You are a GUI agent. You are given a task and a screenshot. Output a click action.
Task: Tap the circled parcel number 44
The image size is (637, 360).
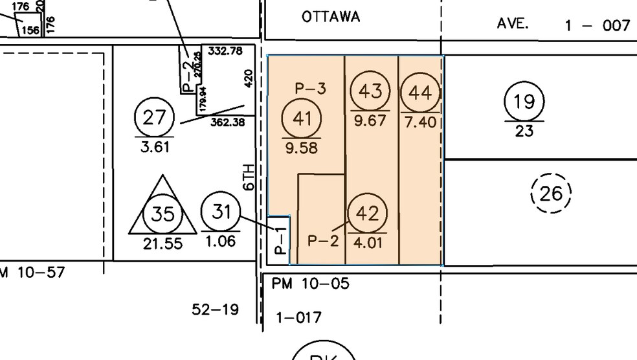420,93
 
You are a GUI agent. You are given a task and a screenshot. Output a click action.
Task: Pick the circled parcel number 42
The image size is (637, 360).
367,214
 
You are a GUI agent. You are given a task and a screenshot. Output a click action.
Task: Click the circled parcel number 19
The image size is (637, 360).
524,102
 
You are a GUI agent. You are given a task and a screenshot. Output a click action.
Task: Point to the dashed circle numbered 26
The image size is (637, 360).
551,193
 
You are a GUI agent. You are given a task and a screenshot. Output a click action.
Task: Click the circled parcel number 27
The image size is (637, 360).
155,118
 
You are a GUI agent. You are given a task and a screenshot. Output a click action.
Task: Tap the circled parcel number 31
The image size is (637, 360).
221,211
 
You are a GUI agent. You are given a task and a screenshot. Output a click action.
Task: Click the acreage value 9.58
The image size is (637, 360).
301,148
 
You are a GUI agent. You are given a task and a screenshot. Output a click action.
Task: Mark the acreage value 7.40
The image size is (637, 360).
420,122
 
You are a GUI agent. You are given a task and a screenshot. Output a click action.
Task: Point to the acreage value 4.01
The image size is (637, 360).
367,243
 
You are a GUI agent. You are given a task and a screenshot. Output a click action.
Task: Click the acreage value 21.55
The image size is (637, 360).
162,244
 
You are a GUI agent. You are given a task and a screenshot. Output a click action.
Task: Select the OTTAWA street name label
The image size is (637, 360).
331,17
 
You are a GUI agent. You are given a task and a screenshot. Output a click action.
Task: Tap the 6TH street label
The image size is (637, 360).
249,177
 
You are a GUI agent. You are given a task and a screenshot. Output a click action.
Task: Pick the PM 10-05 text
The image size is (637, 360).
311,284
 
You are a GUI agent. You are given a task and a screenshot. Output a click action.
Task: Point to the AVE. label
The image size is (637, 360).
513,23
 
